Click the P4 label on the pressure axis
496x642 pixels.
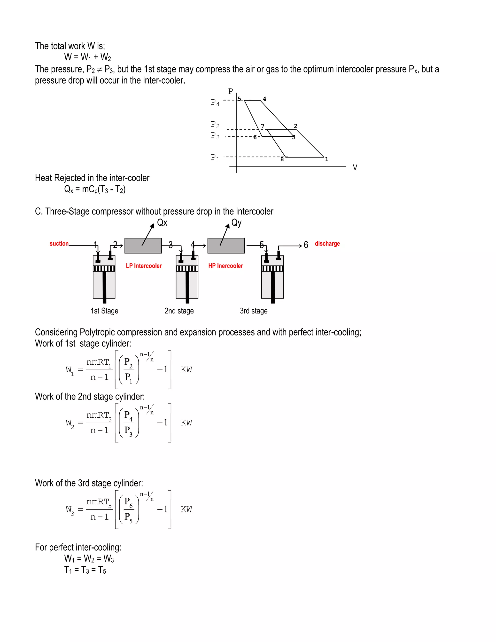(215, 102)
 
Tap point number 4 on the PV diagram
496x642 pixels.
(264, 99)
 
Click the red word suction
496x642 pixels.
(59, 243)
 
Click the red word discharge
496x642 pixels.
(327, 243)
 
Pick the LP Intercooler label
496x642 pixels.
(144, 266)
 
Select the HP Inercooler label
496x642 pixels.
(225, 266)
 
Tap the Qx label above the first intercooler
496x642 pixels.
(162, 223)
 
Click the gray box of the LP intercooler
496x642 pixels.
(143, 246)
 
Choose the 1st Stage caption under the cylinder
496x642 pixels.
(104, 311)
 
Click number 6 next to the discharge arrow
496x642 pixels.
(306, 245)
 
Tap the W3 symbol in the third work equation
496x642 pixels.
(70, 510)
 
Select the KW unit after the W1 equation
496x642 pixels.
(186, 369)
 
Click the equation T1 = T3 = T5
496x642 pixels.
(85, 570)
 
